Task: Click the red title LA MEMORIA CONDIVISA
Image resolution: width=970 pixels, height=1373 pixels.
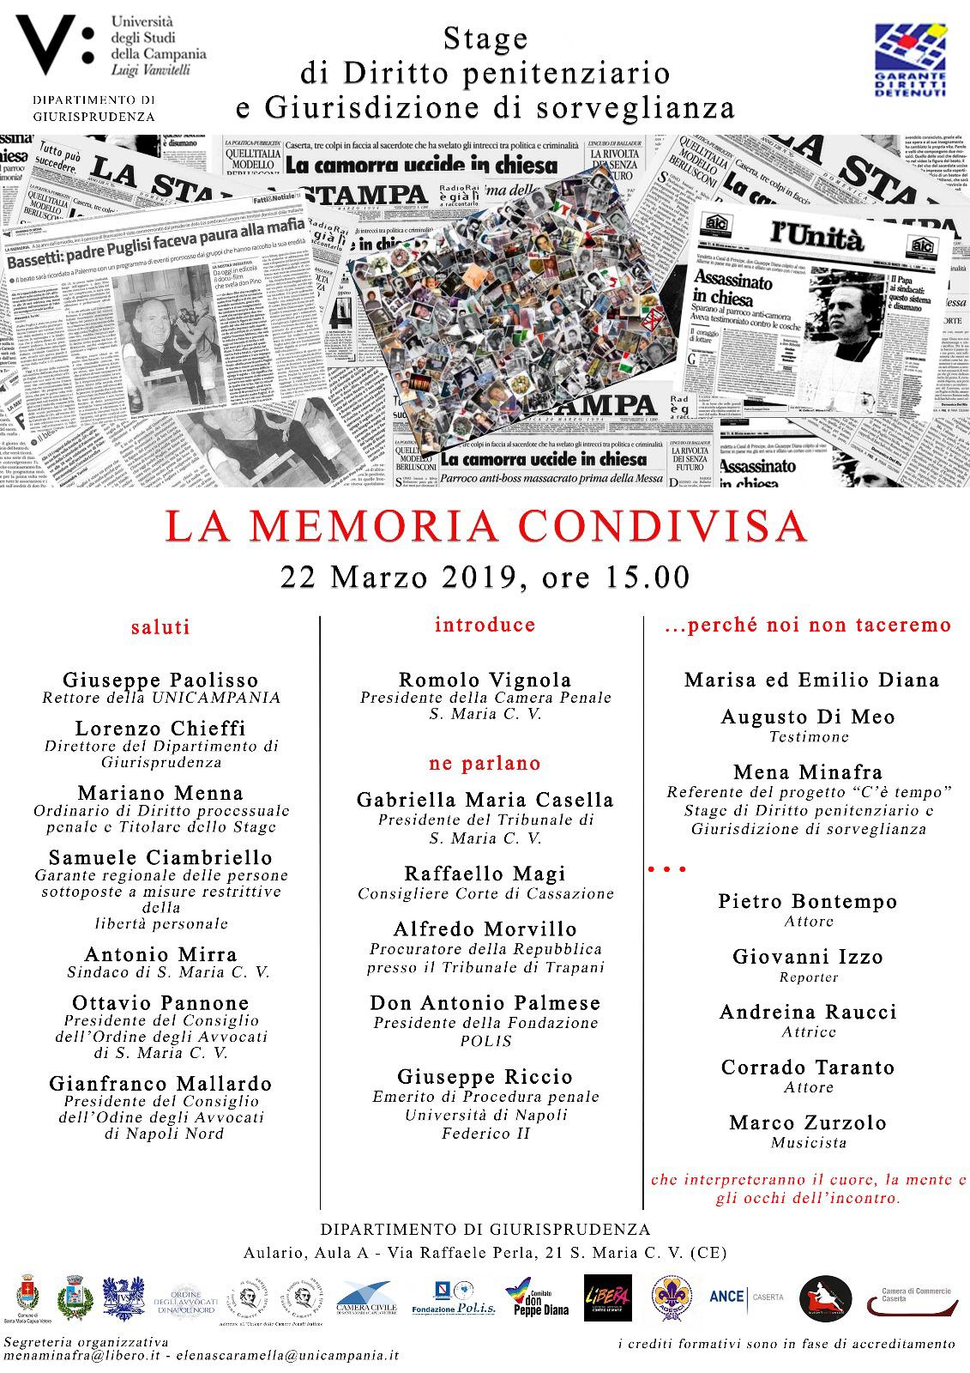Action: point(485,527)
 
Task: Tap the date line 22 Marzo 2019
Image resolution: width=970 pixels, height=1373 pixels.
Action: point(485,577)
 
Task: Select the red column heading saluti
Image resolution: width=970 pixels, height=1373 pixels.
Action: point(160,627)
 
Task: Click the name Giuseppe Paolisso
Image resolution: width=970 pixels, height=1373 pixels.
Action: point(160,680)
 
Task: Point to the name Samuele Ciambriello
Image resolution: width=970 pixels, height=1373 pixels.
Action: point(160,857)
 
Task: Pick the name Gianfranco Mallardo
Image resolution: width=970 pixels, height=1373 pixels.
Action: point(160,1084)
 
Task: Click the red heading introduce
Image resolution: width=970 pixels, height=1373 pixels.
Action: point(485,625)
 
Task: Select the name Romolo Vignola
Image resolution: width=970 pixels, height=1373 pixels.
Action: point(485,680)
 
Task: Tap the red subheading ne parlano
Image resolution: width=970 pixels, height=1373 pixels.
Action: point(485,763)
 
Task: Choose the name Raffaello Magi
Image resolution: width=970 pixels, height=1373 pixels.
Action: point(485,874)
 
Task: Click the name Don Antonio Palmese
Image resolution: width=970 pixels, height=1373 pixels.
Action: point(485,1002)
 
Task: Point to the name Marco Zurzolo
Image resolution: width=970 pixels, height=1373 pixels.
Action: point(808,1122)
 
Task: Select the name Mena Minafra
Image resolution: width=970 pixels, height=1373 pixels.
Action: point(808,772)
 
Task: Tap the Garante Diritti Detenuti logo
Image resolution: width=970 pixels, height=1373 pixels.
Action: point(910,58)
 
